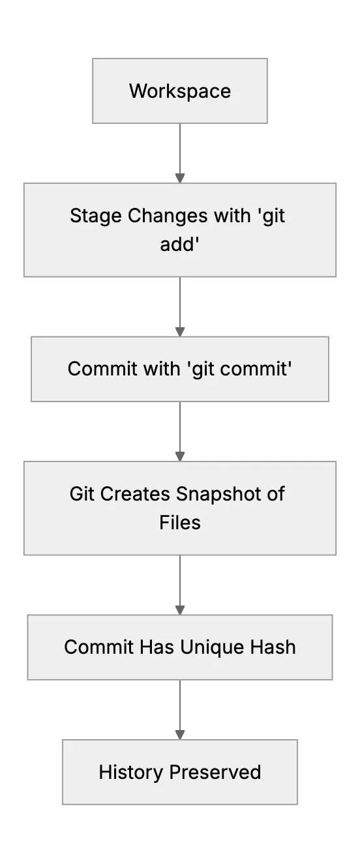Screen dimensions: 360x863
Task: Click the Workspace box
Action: [x=180, y=91]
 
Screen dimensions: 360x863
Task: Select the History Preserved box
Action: [x=180, y=772]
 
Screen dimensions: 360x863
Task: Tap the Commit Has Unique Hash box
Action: [x=180, y=647]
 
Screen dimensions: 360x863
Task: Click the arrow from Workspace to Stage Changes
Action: [x=180, y=153]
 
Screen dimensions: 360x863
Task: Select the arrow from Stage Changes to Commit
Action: [x=180, y=306]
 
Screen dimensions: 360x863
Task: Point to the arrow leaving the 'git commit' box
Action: [x=180, y=431]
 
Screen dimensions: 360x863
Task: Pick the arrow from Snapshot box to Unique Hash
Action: [x=180, y=585]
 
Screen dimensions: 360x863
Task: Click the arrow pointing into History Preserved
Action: [x=180, y=710]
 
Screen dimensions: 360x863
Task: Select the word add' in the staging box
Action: [x=180, y=244]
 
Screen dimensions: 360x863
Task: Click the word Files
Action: [x=180, y=523]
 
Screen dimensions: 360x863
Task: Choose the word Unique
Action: [x=213, y=648]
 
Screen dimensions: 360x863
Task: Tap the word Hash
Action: [x=273, y=647]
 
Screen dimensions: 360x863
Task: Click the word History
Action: [x=131, y=773]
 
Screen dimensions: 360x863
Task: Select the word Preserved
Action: [x=215, y=772]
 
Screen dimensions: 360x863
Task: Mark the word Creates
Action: [x=135, y=494]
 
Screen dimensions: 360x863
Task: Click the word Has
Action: [x=157, y=647]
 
